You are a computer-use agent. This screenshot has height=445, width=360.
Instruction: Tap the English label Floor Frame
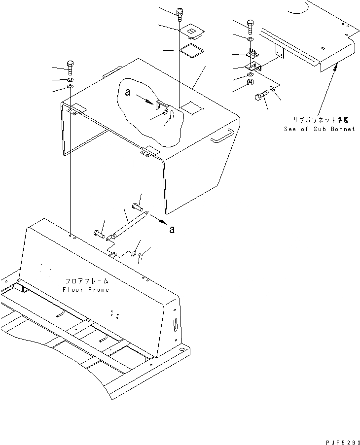pyautogui.click(x=86, y=289)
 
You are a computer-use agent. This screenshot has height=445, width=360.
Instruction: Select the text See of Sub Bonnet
pyautogui.click(x=319, y=129)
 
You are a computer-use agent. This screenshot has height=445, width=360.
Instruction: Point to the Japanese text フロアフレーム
pyautogui.click(x=86, y=281)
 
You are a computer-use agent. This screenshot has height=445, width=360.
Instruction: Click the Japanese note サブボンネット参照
pyautogui.click(x=320, y=120)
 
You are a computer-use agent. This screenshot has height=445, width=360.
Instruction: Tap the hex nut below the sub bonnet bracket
pyautogui.click(x=250, y=83)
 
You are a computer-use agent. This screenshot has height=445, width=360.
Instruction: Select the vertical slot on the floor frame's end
pyautogui.click(x=176, y=327)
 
